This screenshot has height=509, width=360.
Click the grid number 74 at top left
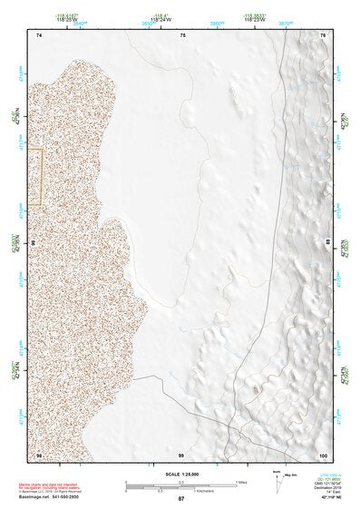point(39,34)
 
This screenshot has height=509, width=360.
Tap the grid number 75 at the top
point(182,34)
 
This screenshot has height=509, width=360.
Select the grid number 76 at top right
point(323,34)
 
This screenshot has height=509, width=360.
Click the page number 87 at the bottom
point(181,499)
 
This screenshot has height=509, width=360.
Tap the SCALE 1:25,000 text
point(180,475)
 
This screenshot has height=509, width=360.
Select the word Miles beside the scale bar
point(241,482)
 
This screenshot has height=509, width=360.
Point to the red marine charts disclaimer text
point(56,485)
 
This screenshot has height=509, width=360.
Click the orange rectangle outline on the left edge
point(35,177)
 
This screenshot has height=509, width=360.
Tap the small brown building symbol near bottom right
point(256,388)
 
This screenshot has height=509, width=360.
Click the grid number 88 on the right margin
point(327,241)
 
